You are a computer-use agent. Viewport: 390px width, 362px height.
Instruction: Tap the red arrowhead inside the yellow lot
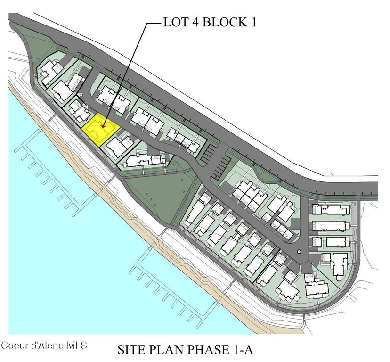pos(103,126)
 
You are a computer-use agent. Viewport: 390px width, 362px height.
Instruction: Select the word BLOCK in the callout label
pos(223,23)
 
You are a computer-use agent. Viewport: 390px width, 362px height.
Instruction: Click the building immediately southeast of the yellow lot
pos(116,146)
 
